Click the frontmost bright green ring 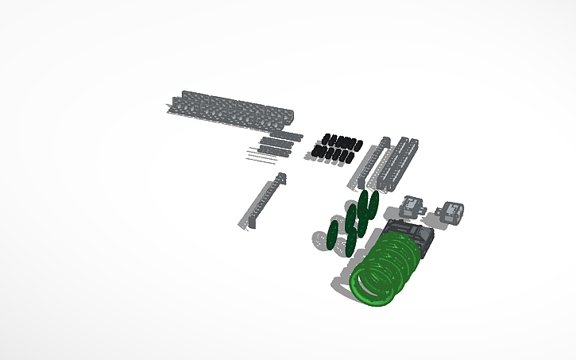pyautogui.click(x=372, y=287)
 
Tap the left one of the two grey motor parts pyautogui.click(x=412, y=207)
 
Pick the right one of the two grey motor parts pyautogui.click(x=453, y=211)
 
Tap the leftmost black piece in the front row pyautogui.click(x=315, y=150)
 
